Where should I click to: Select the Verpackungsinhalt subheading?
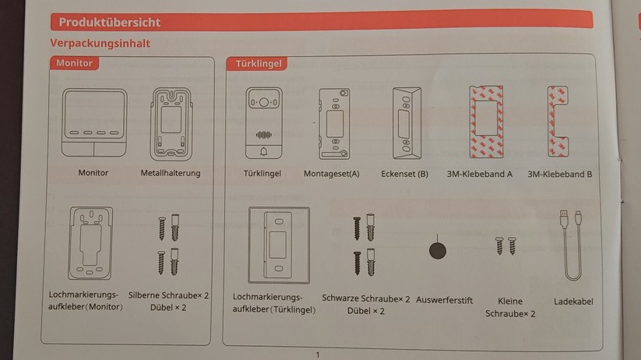[100, 44]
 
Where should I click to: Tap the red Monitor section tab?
[74, 63]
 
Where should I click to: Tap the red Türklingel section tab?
[255, 64]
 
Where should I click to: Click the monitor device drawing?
[93, 123]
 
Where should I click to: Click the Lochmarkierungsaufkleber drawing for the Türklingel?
[278, 245]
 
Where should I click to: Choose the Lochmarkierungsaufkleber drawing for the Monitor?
[90, 243]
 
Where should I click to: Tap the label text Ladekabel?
[574, 301]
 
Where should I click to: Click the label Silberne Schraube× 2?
[168, 296]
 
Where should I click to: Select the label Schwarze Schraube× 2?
[365, 298]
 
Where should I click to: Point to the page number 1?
[318, 355]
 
